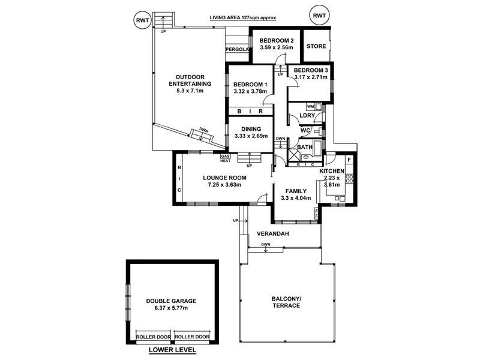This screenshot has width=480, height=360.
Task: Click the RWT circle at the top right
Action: coord(320,16)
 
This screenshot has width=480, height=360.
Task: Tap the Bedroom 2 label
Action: coord(275,41)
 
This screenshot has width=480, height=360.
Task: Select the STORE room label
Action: coord(316,46)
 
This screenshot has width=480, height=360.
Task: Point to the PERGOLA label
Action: coord(237,49)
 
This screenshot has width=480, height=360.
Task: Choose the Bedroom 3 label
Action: coord(311,71)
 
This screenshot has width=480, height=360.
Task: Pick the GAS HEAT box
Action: coord(226,158)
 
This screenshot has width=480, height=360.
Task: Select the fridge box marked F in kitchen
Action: coord(349,161)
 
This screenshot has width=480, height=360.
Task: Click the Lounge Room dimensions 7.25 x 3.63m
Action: coord(224,185)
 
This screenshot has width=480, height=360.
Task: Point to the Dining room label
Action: coord(251,129)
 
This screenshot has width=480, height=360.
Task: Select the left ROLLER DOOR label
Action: coord(154,337)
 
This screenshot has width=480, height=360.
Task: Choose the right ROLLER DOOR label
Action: coord(192,337)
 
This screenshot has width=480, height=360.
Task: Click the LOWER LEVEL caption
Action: coord(173,350)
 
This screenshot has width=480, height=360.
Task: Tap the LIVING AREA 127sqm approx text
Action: coord(243,18)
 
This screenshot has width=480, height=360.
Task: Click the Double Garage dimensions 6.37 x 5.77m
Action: coord(171,308)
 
